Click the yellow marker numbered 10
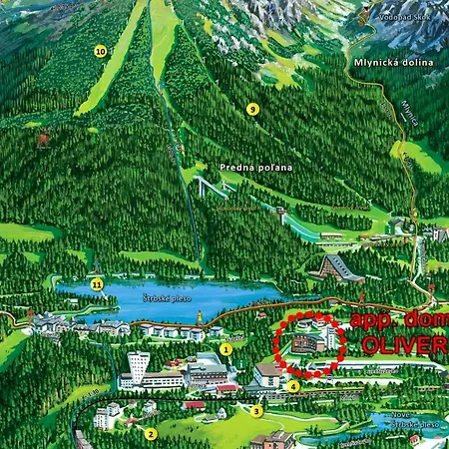coord(100,51)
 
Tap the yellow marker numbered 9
coord(252,109)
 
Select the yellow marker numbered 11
coord(97,284)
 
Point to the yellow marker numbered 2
coord(151,433)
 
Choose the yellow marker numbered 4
coord(293,386)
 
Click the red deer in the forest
coord(43,141)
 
